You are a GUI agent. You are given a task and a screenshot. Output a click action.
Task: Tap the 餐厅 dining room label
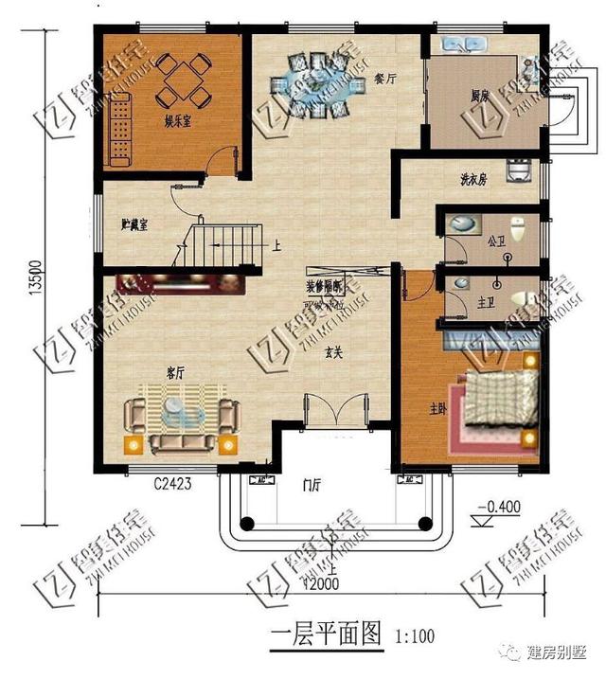(383, 80)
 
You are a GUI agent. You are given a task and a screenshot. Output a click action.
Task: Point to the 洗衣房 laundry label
(472, 178)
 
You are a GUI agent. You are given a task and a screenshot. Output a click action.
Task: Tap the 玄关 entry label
(332, 351)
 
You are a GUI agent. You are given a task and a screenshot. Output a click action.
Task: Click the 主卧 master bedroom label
(437, 408)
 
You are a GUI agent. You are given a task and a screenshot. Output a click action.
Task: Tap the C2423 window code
(173, 484)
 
